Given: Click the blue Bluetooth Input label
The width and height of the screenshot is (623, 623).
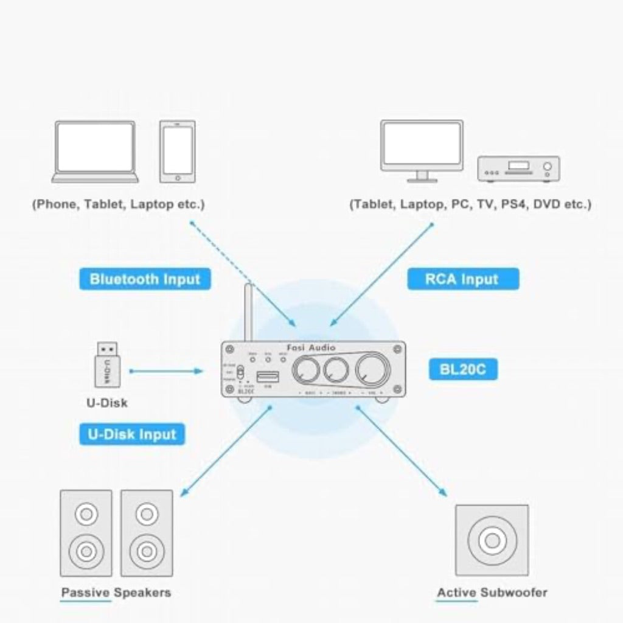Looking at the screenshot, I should click(145, 279).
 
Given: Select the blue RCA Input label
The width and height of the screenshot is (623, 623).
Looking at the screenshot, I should click(462, 279).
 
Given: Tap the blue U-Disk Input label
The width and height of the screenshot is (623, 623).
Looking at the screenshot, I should click(131, 434).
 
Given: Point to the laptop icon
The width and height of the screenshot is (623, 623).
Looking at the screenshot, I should click(96, 151).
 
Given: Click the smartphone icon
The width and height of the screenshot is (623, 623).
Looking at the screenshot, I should click(178, 151).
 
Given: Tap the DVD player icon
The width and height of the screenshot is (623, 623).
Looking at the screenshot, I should click(518, 168).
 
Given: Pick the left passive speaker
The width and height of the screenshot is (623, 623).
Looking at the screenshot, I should click(86, 533).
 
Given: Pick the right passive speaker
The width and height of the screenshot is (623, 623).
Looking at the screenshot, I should click(146, 533).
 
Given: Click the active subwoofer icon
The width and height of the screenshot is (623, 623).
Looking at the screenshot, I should click(492, 540).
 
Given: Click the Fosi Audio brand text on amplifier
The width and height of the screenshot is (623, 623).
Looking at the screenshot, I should click(311, 347).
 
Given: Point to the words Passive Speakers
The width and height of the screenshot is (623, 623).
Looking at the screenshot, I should click(116, 592).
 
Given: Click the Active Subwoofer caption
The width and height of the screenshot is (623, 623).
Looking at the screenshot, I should click(492, 592).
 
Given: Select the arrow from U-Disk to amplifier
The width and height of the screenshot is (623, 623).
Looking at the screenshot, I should click(165, 371).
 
